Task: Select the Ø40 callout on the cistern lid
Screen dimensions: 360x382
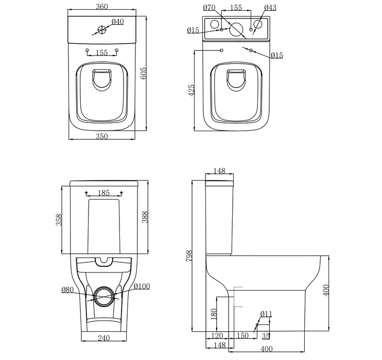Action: (117, 22)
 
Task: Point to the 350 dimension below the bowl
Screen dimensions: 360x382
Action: (101, 137)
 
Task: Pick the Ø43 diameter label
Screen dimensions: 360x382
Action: (270, 8)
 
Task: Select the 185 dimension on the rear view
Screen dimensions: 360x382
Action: (103, 193)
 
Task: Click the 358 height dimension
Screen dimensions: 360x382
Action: (60, 220)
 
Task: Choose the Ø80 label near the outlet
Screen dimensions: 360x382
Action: (67, 290)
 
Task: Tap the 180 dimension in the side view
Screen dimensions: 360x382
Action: (213, 313)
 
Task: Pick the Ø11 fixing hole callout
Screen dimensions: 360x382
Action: (266, 314)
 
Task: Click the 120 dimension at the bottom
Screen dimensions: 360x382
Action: (217, 335)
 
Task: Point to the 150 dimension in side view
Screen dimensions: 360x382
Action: (242, 335)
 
